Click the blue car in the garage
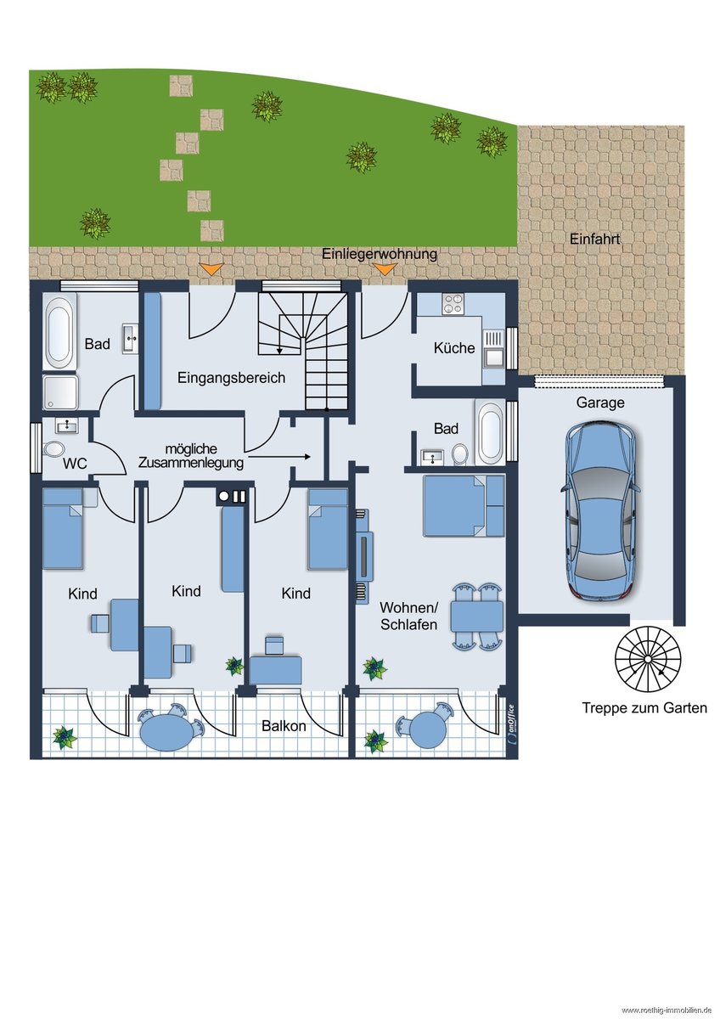click(599, 512)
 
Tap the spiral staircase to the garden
click(648, 659)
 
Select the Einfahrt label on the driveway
click(594, 239)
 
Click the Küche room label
click(454, 348)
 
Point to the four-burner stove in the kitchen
click(453, 304)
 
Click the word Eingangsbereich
click(231, 378)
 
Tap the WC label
click(75, 464)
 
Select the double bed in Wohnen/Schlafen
click(464, 505)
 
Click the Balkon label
click(284, 725)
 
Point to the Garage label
click(600, 403)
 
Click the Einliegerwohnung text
click(380, 253)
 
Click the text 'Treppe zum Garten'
click(644, 708)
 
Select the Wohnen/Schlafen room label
click(408, 616)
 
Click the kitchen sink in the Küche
click(493, 358)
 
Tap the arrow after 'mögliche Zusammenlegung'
click(279, 456)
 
